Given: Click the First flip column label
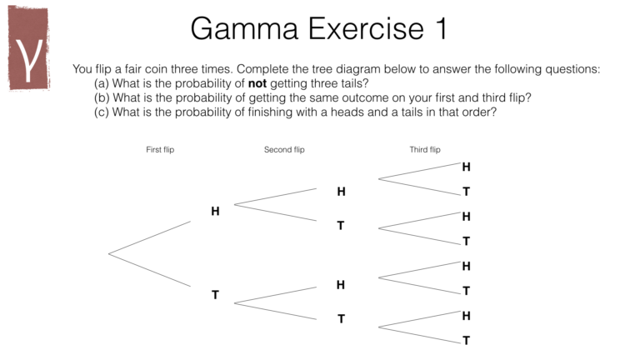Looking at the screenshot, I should (160, 150).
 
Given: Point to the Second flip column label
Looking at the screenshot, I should (284, 150).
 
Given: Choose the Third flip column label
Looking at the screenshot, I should (425, 150).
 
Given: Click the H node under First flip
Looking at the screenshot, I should (215, 212).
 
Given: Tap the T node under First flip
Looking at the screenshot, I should (215, 295).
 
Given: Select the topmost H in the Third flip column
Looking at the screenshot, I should (467, 167).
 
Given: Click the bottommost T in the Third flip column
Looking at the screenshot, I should (467, 340).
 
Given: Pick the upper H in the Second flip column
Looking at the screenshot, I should (341, 192).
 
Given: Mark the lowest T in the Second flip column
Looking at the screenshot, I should (341, 318).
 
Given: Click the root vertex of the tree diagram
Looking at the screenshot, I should (109, 253).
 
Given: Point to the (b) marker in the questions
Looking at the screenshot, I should (102, 97).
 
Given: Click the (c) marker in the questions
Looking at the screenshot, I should (102, 112).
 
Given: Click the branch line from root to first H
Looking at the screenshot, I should (150, 237).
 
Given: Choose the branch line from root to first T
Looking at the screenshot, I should (150, 270).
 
